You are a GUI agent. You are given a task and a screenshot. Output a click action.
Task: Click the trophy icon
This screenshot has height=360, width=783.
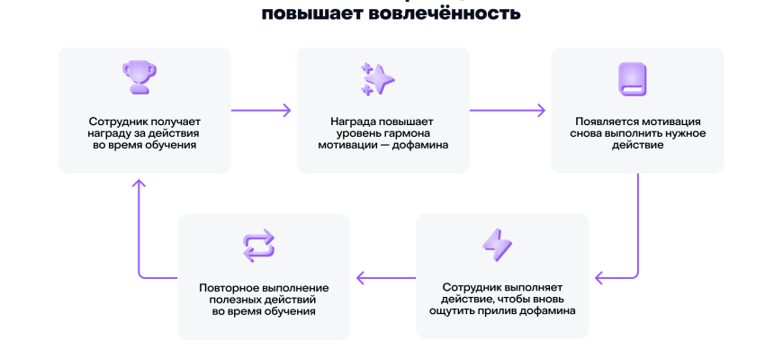coord(138,76)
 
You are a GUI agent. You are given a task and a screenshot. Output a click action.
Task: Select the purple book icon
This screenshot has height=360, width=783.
coord(631,79)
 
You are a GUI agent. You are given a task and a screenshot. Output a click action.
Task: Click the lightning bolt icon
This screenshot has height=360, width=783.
coord(497,245)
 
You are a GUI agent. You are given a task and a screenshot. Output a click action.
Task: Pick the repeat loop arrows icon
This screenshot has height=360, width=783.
coord(258,245)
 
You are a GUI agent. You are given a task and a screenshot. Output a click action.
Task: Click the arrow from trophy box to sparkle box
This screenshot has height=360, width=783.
coord(261,111)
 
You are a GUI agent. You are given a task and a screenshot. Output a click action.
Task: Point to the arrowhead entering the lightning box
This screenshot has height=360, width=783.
coord(600,277)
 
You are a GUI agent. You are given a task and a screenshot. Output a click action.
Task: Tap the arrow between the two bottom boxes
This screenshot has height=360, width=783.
coord(387,277)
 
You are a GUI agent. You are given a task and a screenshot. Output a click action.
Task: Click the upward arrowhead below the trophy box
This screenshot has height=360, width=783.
coord(138,185)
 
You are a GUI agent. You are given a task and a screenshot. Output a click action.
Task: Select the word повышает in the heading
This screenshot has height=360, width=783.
coord(290,13)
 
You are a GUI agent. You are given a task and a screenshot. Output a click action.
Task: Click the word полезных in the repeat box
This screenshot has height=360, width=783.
coord(237,299)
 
